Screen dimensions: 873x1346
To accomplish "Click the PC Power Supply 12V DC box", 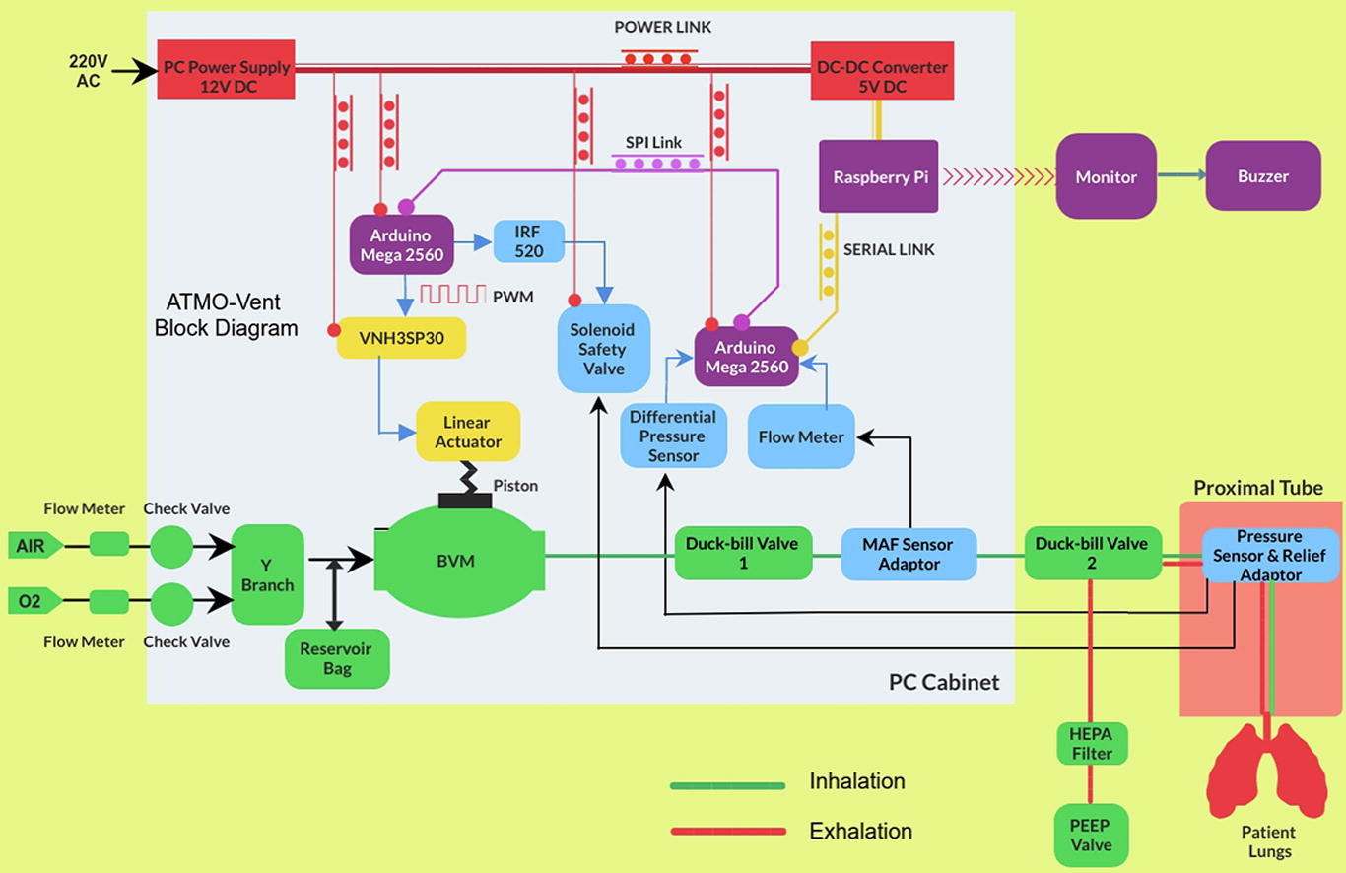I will coord(227,69).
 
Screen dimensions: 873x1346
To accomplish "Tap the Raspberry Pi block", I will coord(878,177).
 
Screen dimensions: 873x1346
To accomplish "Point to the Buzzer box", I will coord(1262,176).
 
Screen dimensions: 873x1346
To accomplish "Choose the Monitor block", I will coord(1106,177).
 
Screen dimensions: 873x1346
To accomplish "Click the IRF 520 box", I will coord(528,241).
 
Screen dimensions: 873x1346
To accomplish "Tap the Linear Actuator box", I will coord(468,432).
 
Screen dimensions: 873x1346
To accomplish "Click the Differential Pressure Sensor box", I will coord(674,436).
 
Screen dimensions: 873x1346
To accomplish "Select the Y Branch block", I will coord(267,574).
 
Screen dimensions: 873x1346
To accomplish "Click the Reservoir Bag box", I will coord(337,659).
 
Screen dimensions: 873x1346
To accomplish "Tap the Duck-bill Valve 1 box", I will coord(743,553).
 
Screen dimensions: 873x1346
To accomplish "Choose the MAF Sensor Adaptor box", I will coord(909,554).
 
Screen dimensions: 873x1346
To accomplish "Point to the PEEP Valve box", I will coord(1091,835).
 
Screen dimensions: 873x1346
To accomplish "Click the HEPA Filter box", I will coord(1091,744).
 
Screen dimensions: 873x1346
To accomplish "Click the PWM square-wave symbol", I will coord(453,294).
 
